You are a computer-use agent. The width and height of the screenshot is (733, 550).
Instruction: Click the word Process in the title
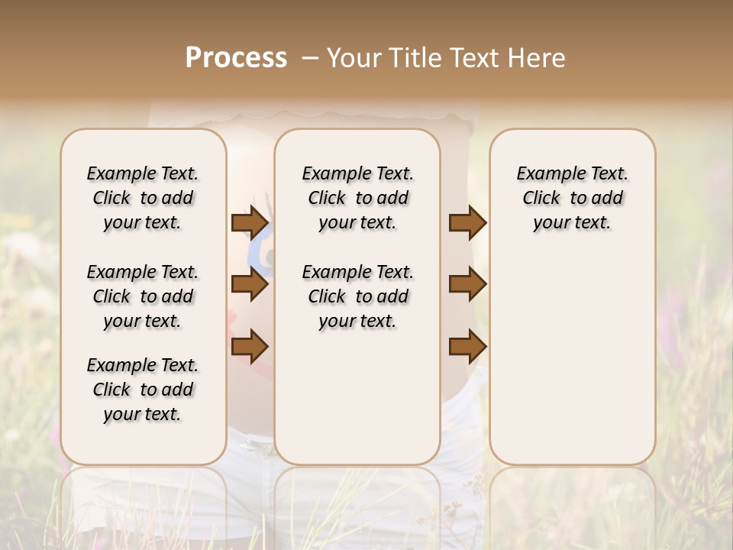tap(236, 57)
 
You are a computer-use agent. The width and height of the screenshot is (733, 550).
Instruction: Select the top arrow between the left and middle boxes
tap(250, 222)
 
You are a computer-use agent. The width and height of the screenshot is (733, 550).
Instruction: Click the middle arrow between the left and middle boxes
tap(250, 285)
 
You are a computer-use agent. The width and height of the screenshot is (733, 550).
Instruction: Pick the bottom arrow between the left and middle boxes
tap(250, 347)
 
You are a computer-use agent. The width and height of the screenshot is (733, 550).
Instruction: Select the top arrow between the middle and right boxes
tap(467, 222)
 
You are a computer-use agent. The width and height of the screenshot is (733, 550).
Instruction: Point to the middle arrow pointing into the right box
tap(467, 285)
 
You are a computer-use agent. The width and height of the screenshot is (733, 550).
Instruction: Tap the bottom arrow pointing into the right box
tap(467, 347)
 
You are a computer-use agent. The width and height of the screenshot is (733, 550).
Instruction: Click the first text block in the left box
tap(143, 198)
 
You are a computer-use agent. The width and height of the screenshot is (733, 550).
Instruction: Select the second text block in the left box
tap(143, 296)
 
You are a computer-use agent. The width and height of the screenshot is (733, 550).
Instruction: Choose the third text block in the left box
tap(143, 390)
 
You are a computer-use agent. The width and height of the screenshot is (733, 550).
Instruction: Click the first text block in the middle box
tap(358, 198)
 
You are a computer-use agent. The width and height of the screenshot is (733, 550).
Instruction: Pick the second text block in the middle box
tap(358, 296)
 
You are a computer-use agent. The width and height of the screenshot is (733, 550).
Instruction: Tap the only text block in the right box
tap(573, 198)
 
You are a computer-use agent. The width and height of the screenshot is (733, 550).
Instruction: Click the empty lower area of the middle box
tap(357, 397)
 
